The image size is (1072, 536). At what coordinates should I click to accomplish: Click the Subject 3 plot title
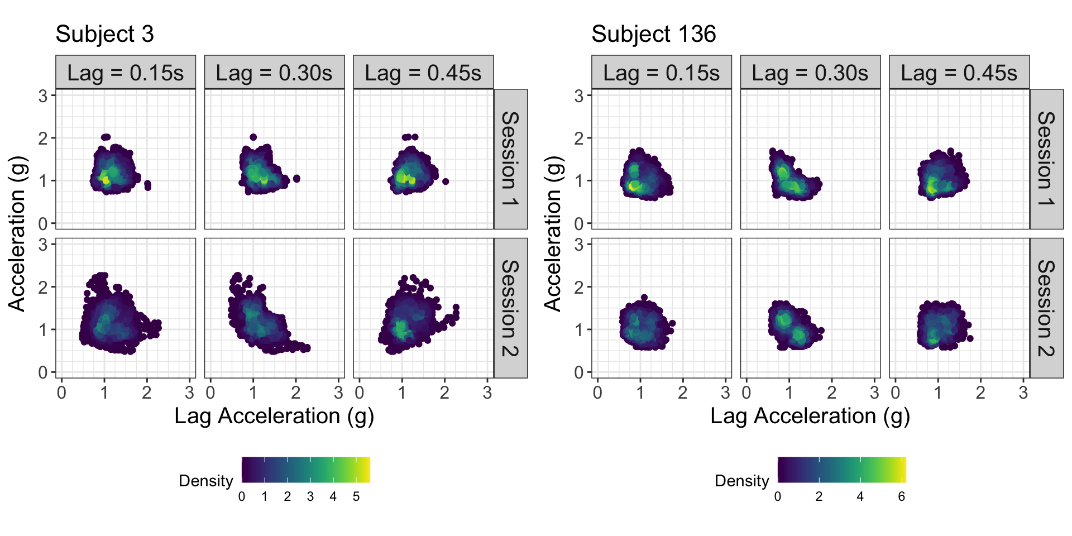(104, 34)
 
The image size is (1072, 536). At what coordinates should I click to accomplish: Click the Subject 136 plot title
(653, 34)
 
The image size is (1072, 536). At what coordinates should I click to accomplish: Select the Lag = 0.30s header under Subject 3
(274, 73)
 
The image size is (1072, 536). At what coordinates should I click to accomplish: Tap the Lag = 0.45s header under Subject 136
(959, 73)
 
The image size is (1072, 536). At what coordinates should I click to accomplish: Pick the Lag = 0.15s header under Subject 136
(661, 73)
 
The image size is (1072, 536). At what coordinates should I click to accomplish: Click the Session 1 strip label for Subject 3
(510, 159)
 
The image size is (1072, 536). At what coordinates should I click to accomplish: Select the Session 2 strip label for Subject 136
(1046, 308)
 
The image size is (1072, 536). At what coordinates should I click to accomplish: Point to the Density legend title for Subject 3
(205, 481)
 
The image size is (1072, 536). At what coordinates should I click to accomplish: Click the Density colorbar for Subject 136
(841, 470)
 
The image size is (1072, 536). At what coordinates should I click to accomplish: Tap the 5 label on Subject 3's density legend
(356, 496)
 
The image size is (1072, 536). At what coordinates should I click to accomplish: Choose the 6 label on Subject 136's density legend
(901, 496)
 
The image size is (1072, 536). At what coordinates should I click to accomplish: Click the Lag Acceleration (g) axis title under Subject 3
(274, 416)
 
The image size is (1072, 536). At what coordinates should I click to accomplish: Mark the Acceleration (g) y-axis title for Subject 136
(552, 233)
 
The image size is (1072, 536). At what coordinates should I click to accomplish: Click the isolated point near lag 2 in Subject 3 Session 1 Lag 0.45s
(446, 181)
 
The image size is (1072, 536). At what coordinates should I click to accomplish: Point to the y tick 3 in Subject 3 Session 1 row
(44, 96)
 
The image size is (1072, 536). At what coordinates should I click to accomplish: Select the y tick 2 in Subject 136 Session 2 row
(579, 287)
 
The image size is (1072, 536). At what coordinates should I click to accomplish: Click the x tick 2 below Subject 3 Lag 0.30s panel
(296, 393)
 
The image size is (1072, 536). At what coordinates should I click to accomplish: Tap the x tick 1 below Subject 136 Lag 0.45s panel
(938, 393)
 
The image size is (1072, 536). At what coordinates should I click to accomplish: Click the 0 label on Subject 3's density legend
(242, 496)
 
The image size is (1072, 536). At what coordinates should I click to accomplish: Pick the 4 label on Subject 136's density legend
(860, 496)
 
